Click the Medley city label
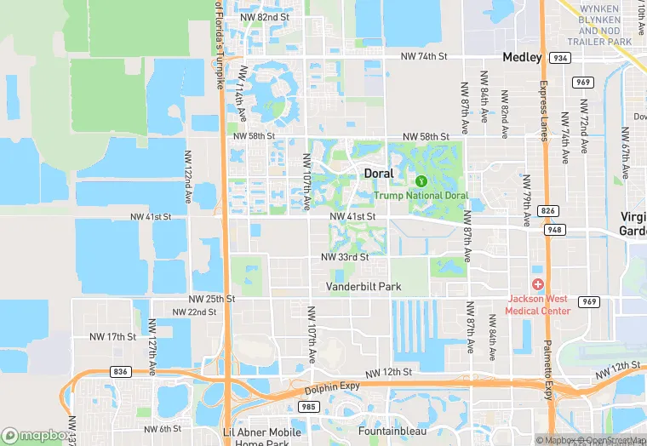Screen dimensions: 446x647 (522, 57)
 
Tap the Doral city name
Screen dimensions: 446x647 (379, 173)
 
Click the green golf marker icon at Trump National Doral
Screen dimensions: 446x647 (421, 180)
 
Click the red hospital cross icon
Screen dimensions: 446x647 (538, 284)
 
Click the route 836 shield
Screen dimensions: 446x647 (121, 371)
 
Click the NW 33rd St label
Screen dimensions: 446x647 (345, 257)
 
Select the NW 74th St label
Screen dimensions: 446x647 (424, 56)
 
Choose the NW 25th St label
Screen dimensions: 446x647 (211, 299)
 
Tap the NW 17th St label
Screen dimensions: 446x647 (113, 337)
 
